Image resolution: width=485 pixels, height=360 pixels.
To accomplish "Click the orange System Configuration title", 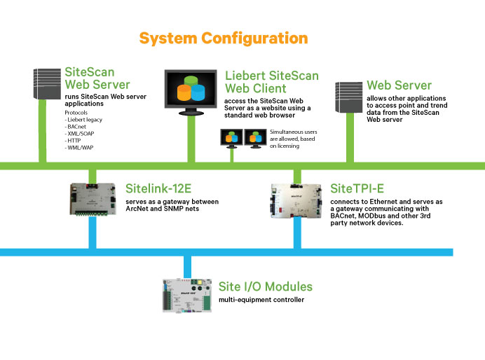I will tap(223, 38).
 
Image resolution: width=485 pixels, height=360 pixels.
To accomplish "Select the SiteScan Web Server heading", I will tap(97, 78).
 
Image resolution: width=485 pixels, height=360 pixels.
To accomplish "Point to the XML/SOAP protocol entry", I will tap(83, 133).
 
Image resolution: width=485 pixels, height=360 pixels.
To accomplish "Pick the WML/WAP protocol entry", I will tap(82, 146).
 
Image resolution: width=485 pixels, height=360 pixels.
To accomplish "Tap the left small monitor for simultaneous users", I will tap(231, 138).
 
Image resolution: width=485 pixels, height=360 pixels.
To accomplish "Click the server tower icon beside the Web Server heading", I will tap(348, 101).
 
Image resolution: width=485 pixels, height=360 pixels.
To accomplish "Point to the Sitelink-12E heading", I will tap(163, 188).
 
